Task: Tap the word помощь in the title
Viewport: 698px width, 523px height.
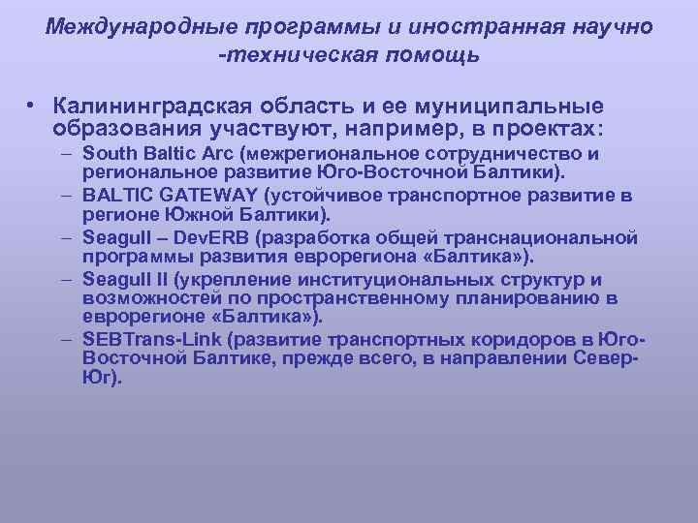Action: pyautogui.click(x=432, y=55)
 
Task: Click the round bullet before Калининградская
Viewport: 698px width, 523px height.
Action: pyautogui.click(x=32, y=105)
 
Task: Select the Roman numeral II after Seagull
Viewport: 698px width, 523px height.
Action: pyautogui.click(x=155, y=278)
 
